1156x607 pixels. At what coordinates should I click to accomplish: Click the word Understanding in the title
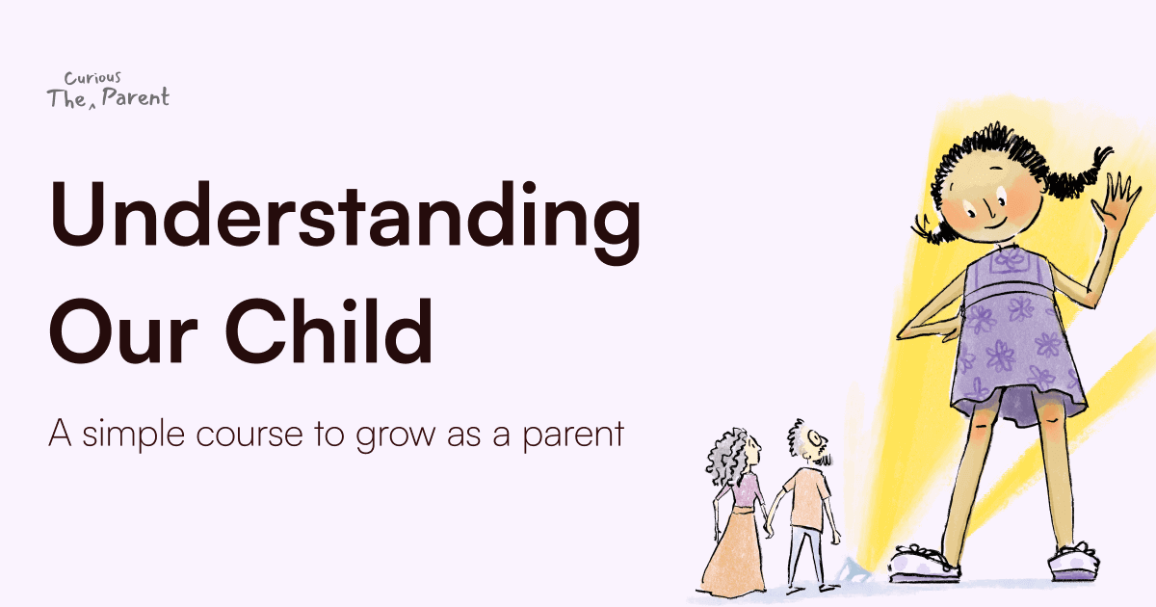(345, 220)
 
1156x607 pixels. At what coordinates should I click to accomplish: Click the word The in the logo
(66, 98)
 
